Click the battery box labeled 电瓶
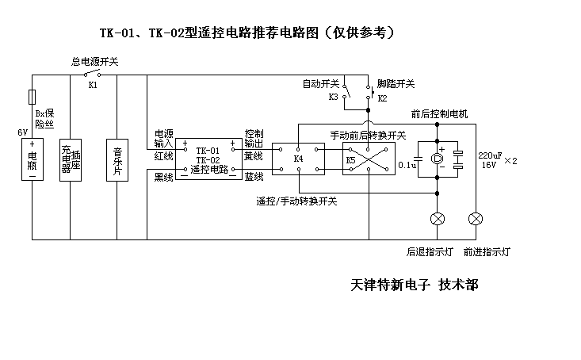coord(32,159)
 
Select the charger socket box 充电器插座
coord(71,160)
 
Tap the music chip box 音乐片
coord(117,160)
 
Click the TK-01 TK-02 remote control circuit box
coord(208,159)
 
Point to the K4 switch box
coord(298,159)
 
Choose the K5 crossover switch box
coord(369,159)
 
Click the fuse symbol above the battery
coord(32,97)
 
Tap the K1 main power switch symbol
coord(92,73)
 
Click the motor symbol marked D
coord(438,159)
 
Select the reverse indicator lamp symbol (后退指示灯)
coord(438,219)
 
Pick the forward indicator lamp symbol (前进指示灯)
coord(476,219)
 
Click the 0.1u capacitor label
coord(407,165)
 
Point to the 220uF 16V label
coord(490,160)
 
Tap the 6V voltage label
coord(23,132)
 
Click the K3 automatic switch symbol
coord(346,91)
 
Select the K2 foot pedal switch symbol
coord(370,92)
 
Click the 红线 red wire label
coord(164,156)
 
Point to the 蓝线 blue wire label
coord(254,177)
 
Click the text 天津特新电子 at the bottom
coord(391,285)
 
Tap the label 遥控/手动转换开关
coord(296,201)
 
